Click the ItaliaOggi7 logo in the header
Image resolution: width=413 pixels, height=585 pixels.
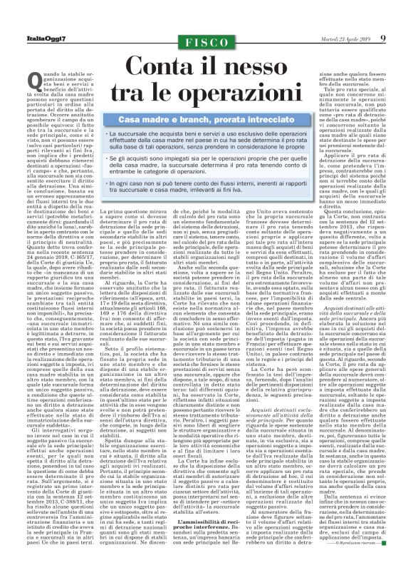tap(26, 38)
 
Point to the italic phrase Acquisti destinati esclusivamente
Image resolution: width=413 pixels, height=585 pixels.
tap(288, 414)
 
